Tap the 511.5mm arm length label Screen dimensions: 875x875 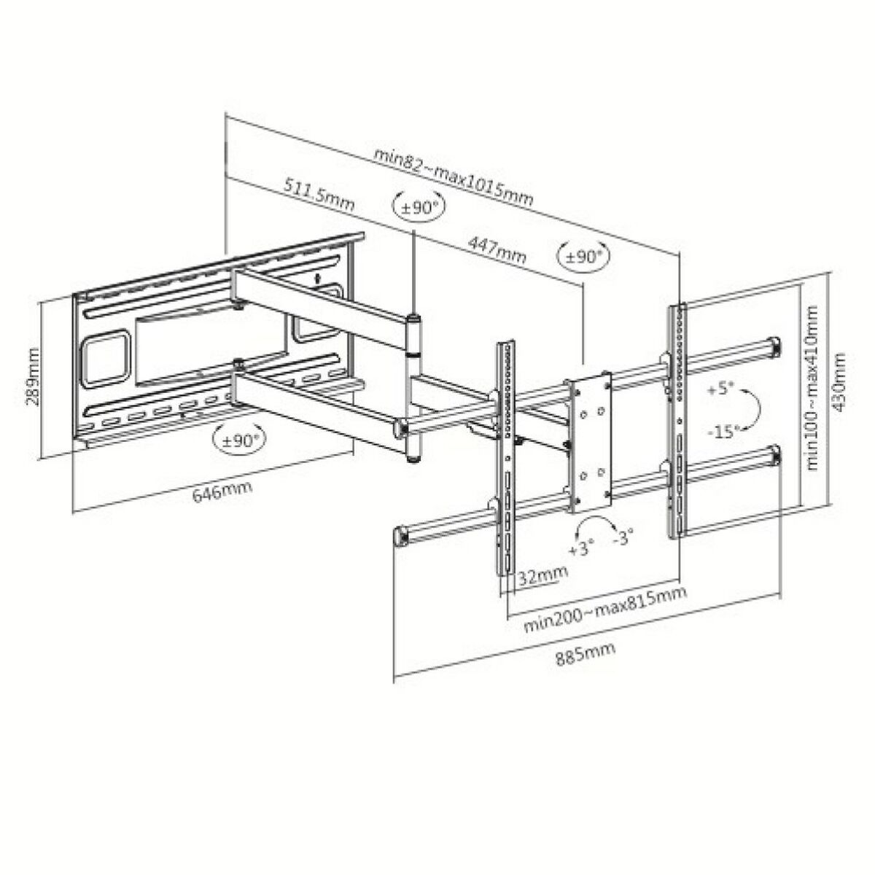pyautogui.click(x=317, y=195)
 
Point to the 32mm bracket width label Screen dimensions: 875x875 pyautogui.click(x=542, y=575)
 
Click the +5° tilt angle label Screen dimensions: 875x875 pyautogui.click(x=718, y=388)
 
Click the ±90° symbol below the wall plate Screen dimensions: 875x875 pyautogui.click(x=237, y=440)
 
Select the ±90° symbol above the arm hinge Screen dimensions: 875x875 pyautogui.click(x=418, y=207)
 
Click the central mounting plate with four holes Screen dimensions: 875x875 pyautogui.click(x=591, y=440)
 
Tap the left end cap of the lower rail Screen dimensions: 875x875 pyautogui.click(x=400, y=537)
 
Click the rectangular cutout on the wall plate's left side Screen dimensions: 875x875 pyautogui.click(x=106, y=360)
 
